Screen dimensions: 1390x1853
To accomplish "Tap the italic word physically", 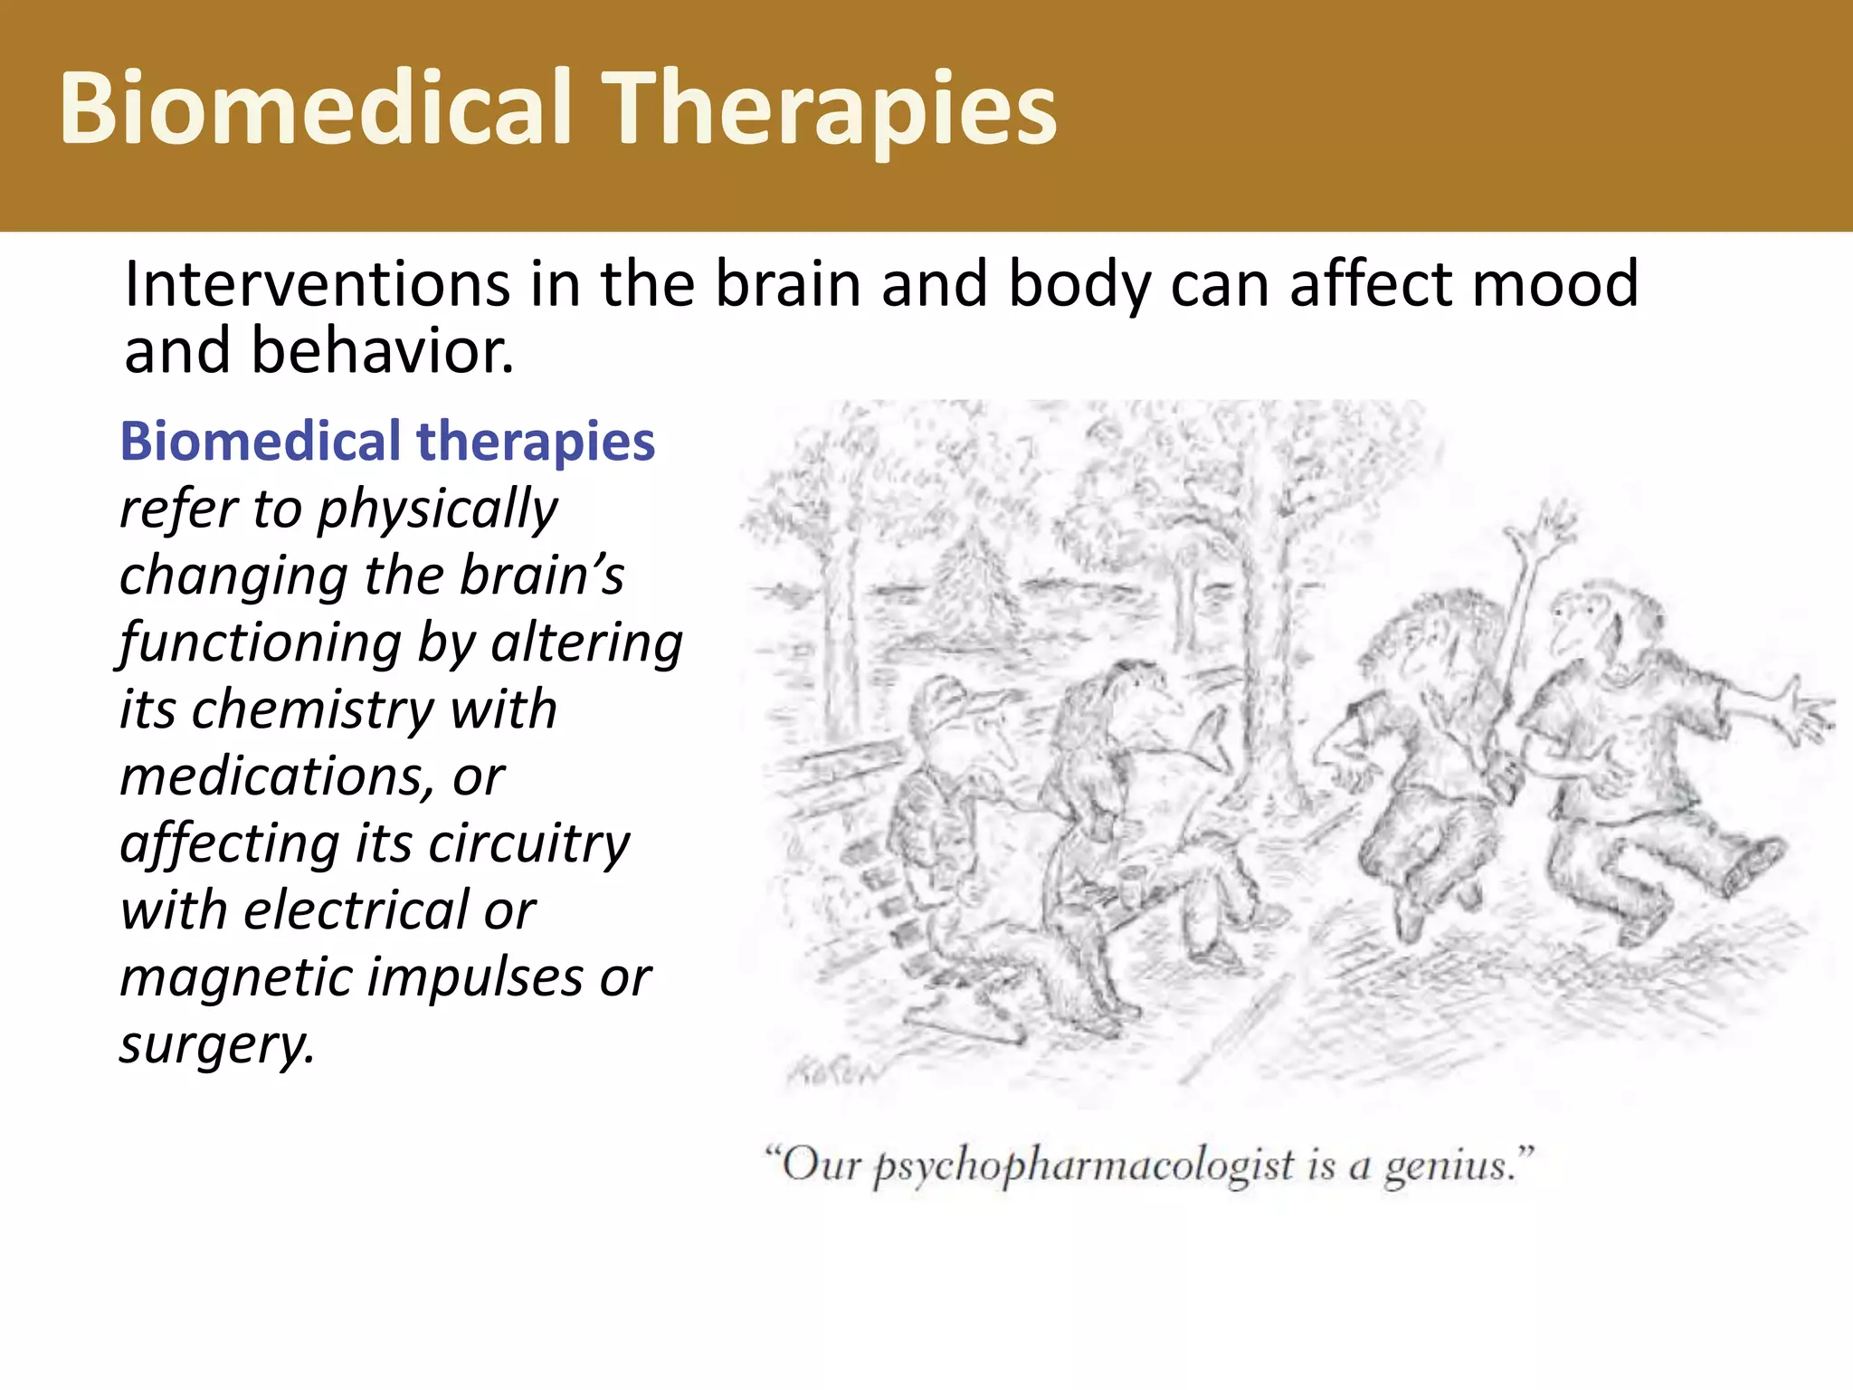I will [437, 510].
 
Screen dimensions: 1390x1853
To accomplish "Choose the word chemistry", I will [313, 709].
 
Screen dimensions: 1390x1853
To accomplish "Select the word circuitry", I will [528, 843].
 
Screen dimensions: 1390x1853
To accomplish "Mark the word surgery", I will [217, 1045].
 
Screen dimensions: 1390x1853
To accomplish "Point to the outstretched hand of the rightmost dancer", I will [1805, 715].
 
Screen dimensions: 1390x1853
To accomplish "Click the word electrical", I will [356, 910].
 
